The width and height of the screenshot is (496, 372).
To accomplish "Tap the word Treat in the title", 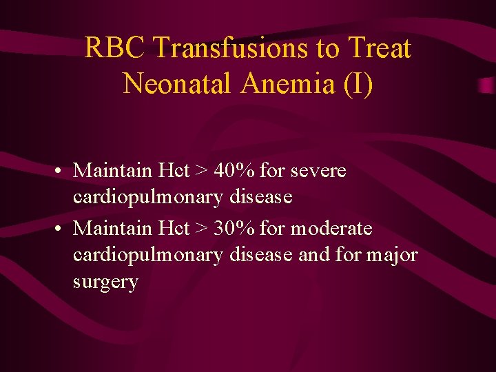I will point(380,49).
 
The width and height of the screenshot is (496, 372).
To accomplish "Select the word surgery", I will point(105,283).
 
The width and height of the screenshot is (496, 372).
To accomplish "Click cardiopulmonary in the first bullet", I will point(147,198).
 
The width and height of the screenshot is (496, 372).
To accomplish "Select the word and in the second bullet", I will point(314,255).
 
